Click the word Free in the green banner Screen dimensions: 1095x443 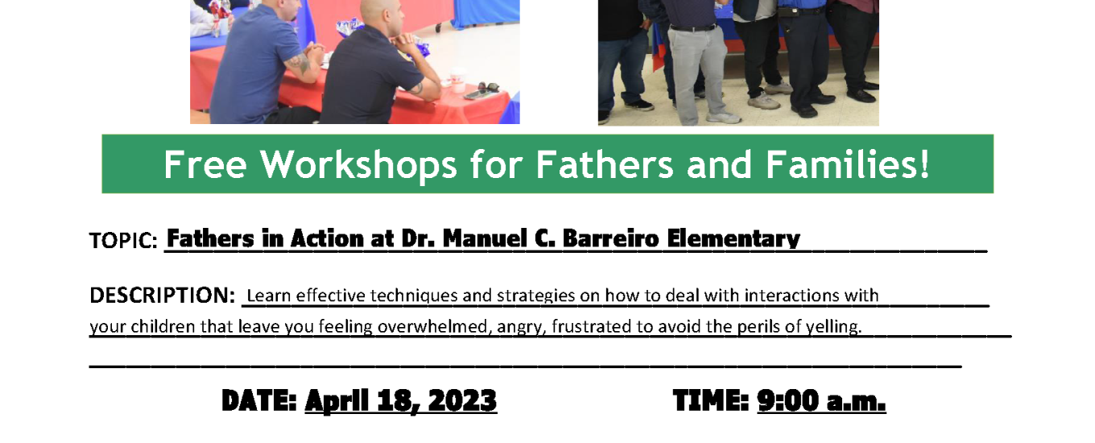pos(205,164)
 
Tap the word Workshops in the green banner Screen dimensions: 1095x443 pos(358,166)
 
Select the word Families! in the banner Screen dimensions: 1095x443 pos(847,164)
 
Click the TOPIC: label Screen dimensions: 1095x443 pos(123,241)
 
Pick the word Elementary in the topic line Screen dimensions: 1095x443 pos(733,239)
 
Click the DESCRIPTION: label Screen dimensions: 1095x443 pos(163,296)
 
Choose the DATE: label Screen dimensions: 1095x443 pos(259,400)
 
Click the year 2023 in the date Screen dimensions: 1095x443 pos(462,400)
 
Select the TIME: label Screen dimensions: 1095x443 pos(711,400)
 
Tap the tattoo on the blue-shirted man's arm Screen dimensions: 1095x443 pos(300,63)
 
